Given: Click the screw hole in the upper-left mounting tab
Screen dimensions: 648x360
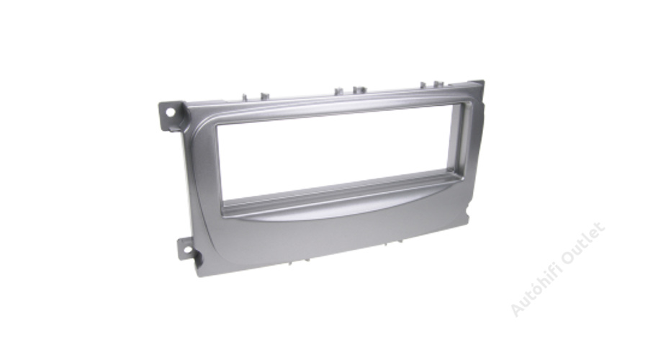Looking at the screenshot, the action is tap(170, 112).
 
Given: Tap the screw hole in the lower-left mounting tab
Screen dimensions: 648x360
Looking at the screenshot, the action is tap(188, 250).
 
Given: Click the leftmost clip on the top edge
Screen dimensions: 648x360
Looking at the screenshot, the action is tap(246, 97).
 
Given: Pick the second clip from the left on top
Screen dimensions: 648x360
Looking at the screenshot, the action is tap(264, 96).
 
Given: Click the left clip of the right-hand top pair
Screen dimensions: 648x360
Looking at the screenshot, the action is tap(423, 85).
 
